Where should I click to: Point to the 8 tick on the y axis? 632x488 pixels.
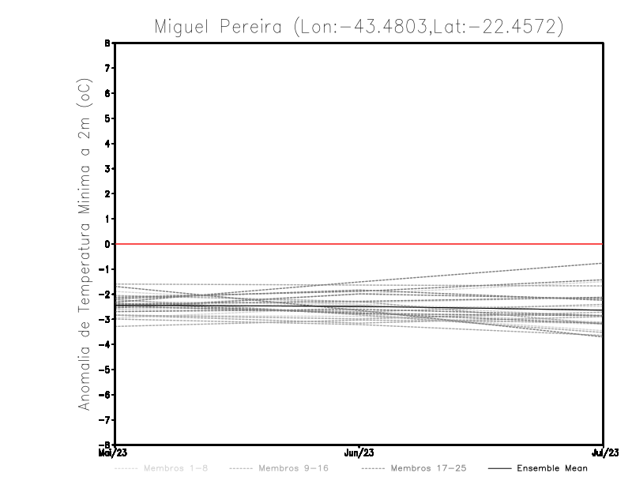[x=107, y=43]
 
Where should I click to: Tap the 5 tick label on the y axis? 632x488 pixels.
[x=107, y=118]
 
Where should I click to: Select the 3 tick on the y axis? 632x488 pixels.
[x=107, y=168]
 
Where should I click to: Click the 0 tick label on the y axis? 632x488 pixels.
[x=107, y=244]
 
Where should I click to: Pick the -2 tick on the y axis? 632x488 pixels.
[x=105, y=294]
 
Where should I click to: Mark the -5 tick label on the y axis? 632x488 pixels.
[x=105, y=369]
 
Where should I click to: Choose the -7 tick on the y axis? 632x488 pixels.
[x=105, y=419]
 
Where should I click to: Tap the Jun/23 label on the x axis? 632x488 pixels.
[x=359, y=453]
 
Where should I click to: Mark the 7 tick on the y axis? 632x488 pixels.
[x=107, y=68]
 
